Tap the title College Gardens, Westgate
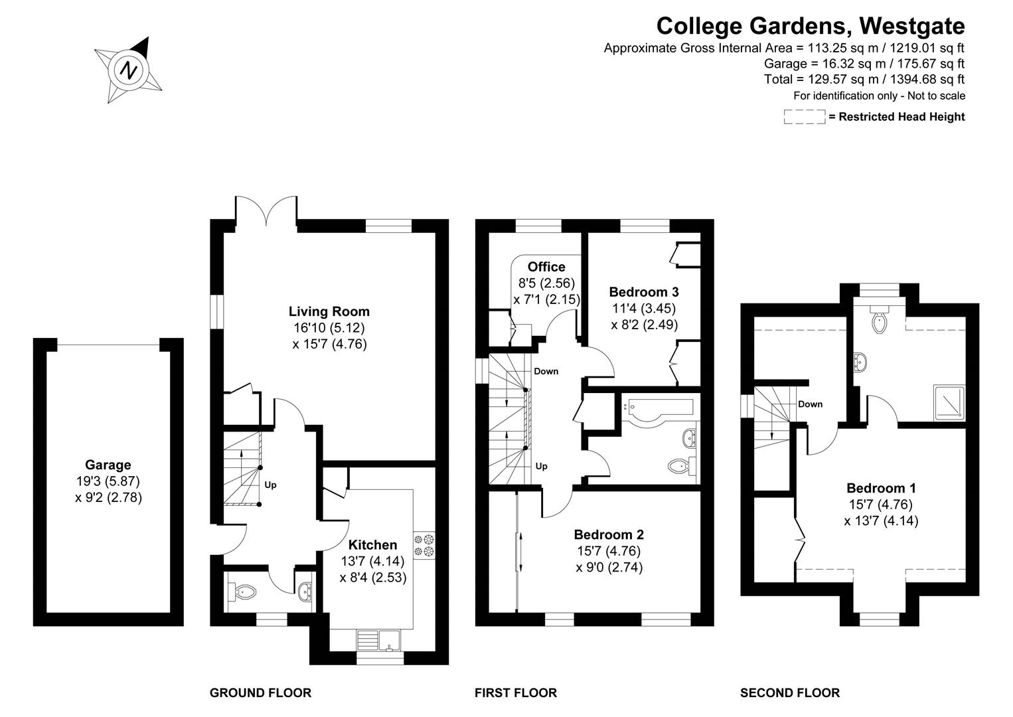810,26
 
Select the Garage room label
108,465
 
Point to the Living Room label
329,311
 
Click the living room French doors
266,211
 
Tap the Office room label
546,267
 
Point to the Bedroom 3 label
643,291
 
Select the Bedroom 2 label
609,534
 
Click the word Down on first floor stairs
546,371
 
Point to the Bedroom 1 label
881,488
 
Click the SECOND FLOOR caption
789,693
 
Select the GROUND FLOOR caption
260,693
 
